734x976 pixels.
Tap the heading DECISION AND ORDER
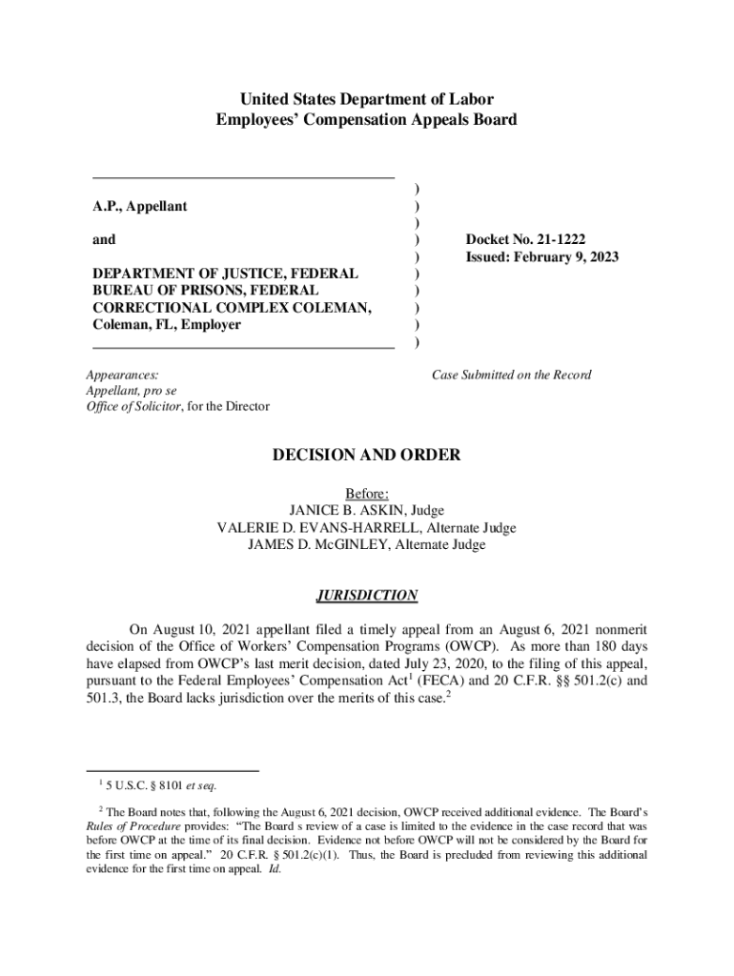pyautogui.click(x=366, y=455)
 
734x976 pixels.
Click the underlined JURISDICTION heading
pyautogui.click(x=366, y=596)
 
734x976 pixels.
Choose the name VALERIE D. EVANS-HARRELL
pyautogui.click(x=319, y=527)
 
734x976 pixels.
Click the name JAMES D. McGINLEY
pyautogui.click(x=310, y=544)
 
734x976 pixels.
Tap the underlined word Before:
pyautogui.click(x=366, y=493)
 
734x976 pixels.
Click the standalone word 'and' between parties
pyautogui.click(x=104, y=240)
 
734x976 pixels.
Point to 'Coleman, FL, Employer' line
pyautogui.click(x=167, y=325)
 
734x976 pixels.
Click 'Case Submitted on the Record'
pyautogui.click(x=511, y=375)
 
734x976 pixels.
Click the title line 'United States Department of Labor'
pyautogui.click(x=366, y=99)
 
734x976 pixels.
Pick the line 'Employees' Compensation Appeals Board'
pyautogui.click(x=366, y=120)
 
